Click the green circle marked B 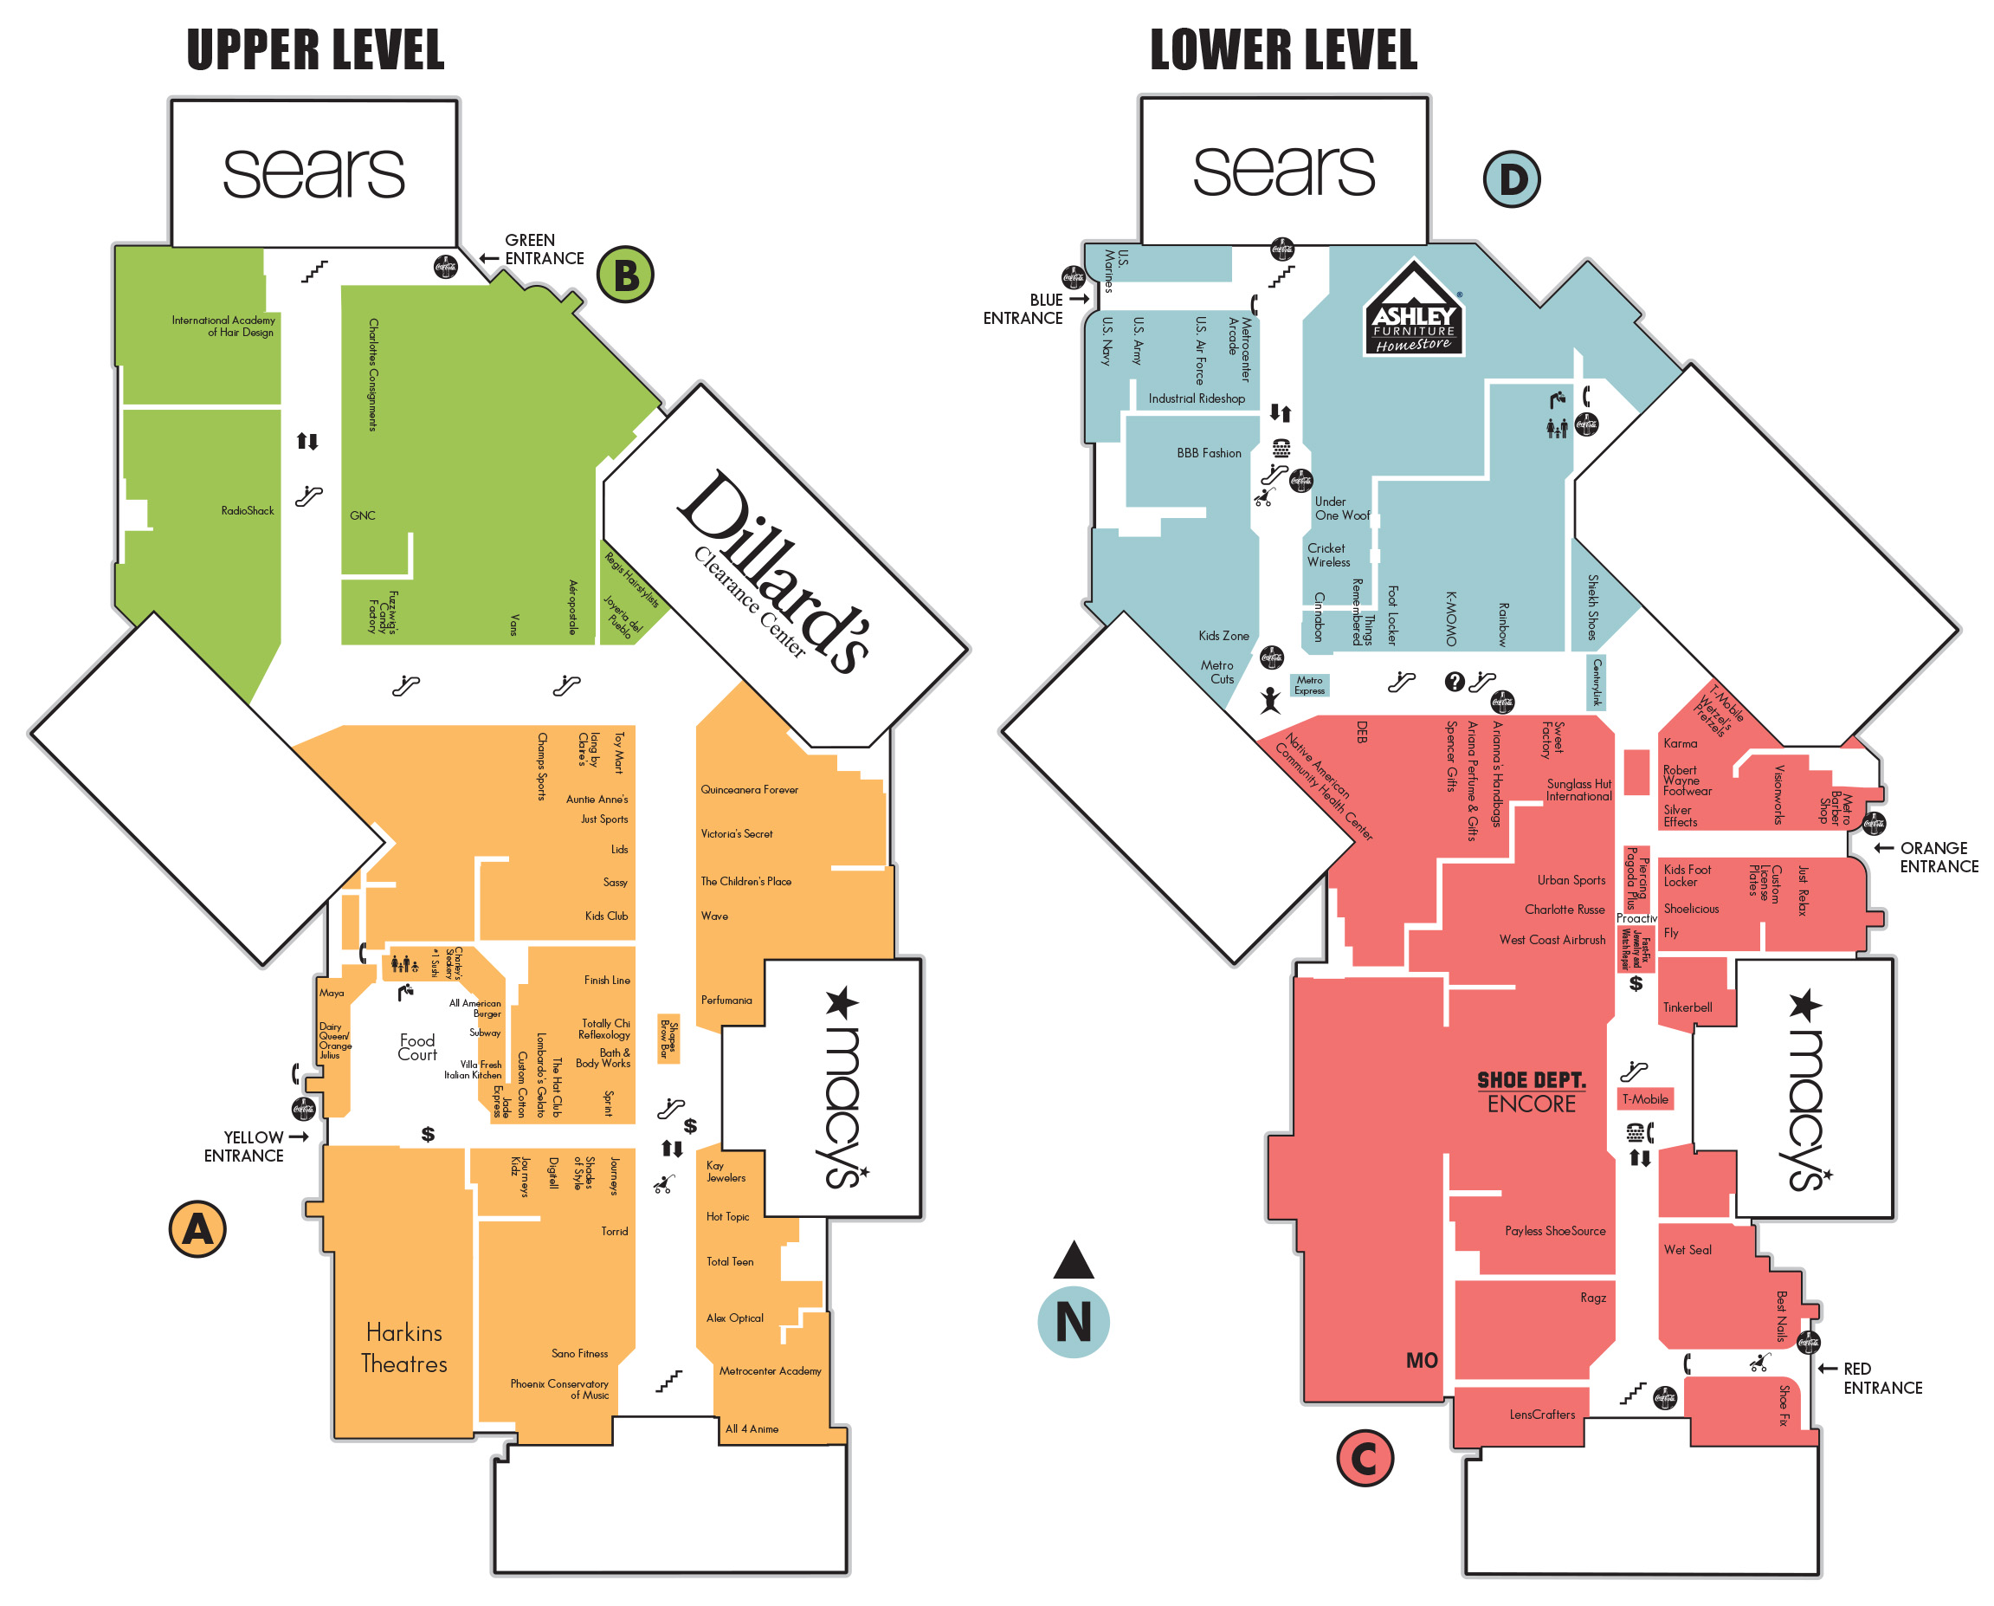[x=625, y=275]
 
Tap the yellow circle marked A [x=197, y=1229]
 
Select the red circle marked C [x=1365, y=1458]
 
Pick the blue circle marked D [x=1512, y=179]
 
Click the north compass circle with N [x=1073, y=1322]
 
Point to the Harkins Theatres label [x=404, y=1348]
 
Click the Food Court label [x=417, y=1047]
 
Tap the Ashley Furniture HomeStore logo [x=1413, y=309]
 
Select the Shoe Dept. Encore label [x=1532, y=1091]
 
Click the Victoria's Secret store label [x=736, y=833]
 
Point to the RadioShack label [x=247, y=511]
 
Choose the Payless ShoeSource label [x=1555, y=1230]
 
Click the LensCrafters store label [x=1542, y=1415]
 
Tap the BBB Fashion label [x=1209, y=453]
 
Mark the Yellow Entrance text [x=245, y=1146]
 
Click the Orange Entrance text [x=1937, y=858]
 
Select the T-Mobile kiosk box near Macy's [x=1645, y=1099]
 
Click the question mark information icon [x=1454, y=682]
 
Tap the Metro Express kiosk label [x=1310, y=685]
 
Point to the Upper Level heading [x=315, y=50]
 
